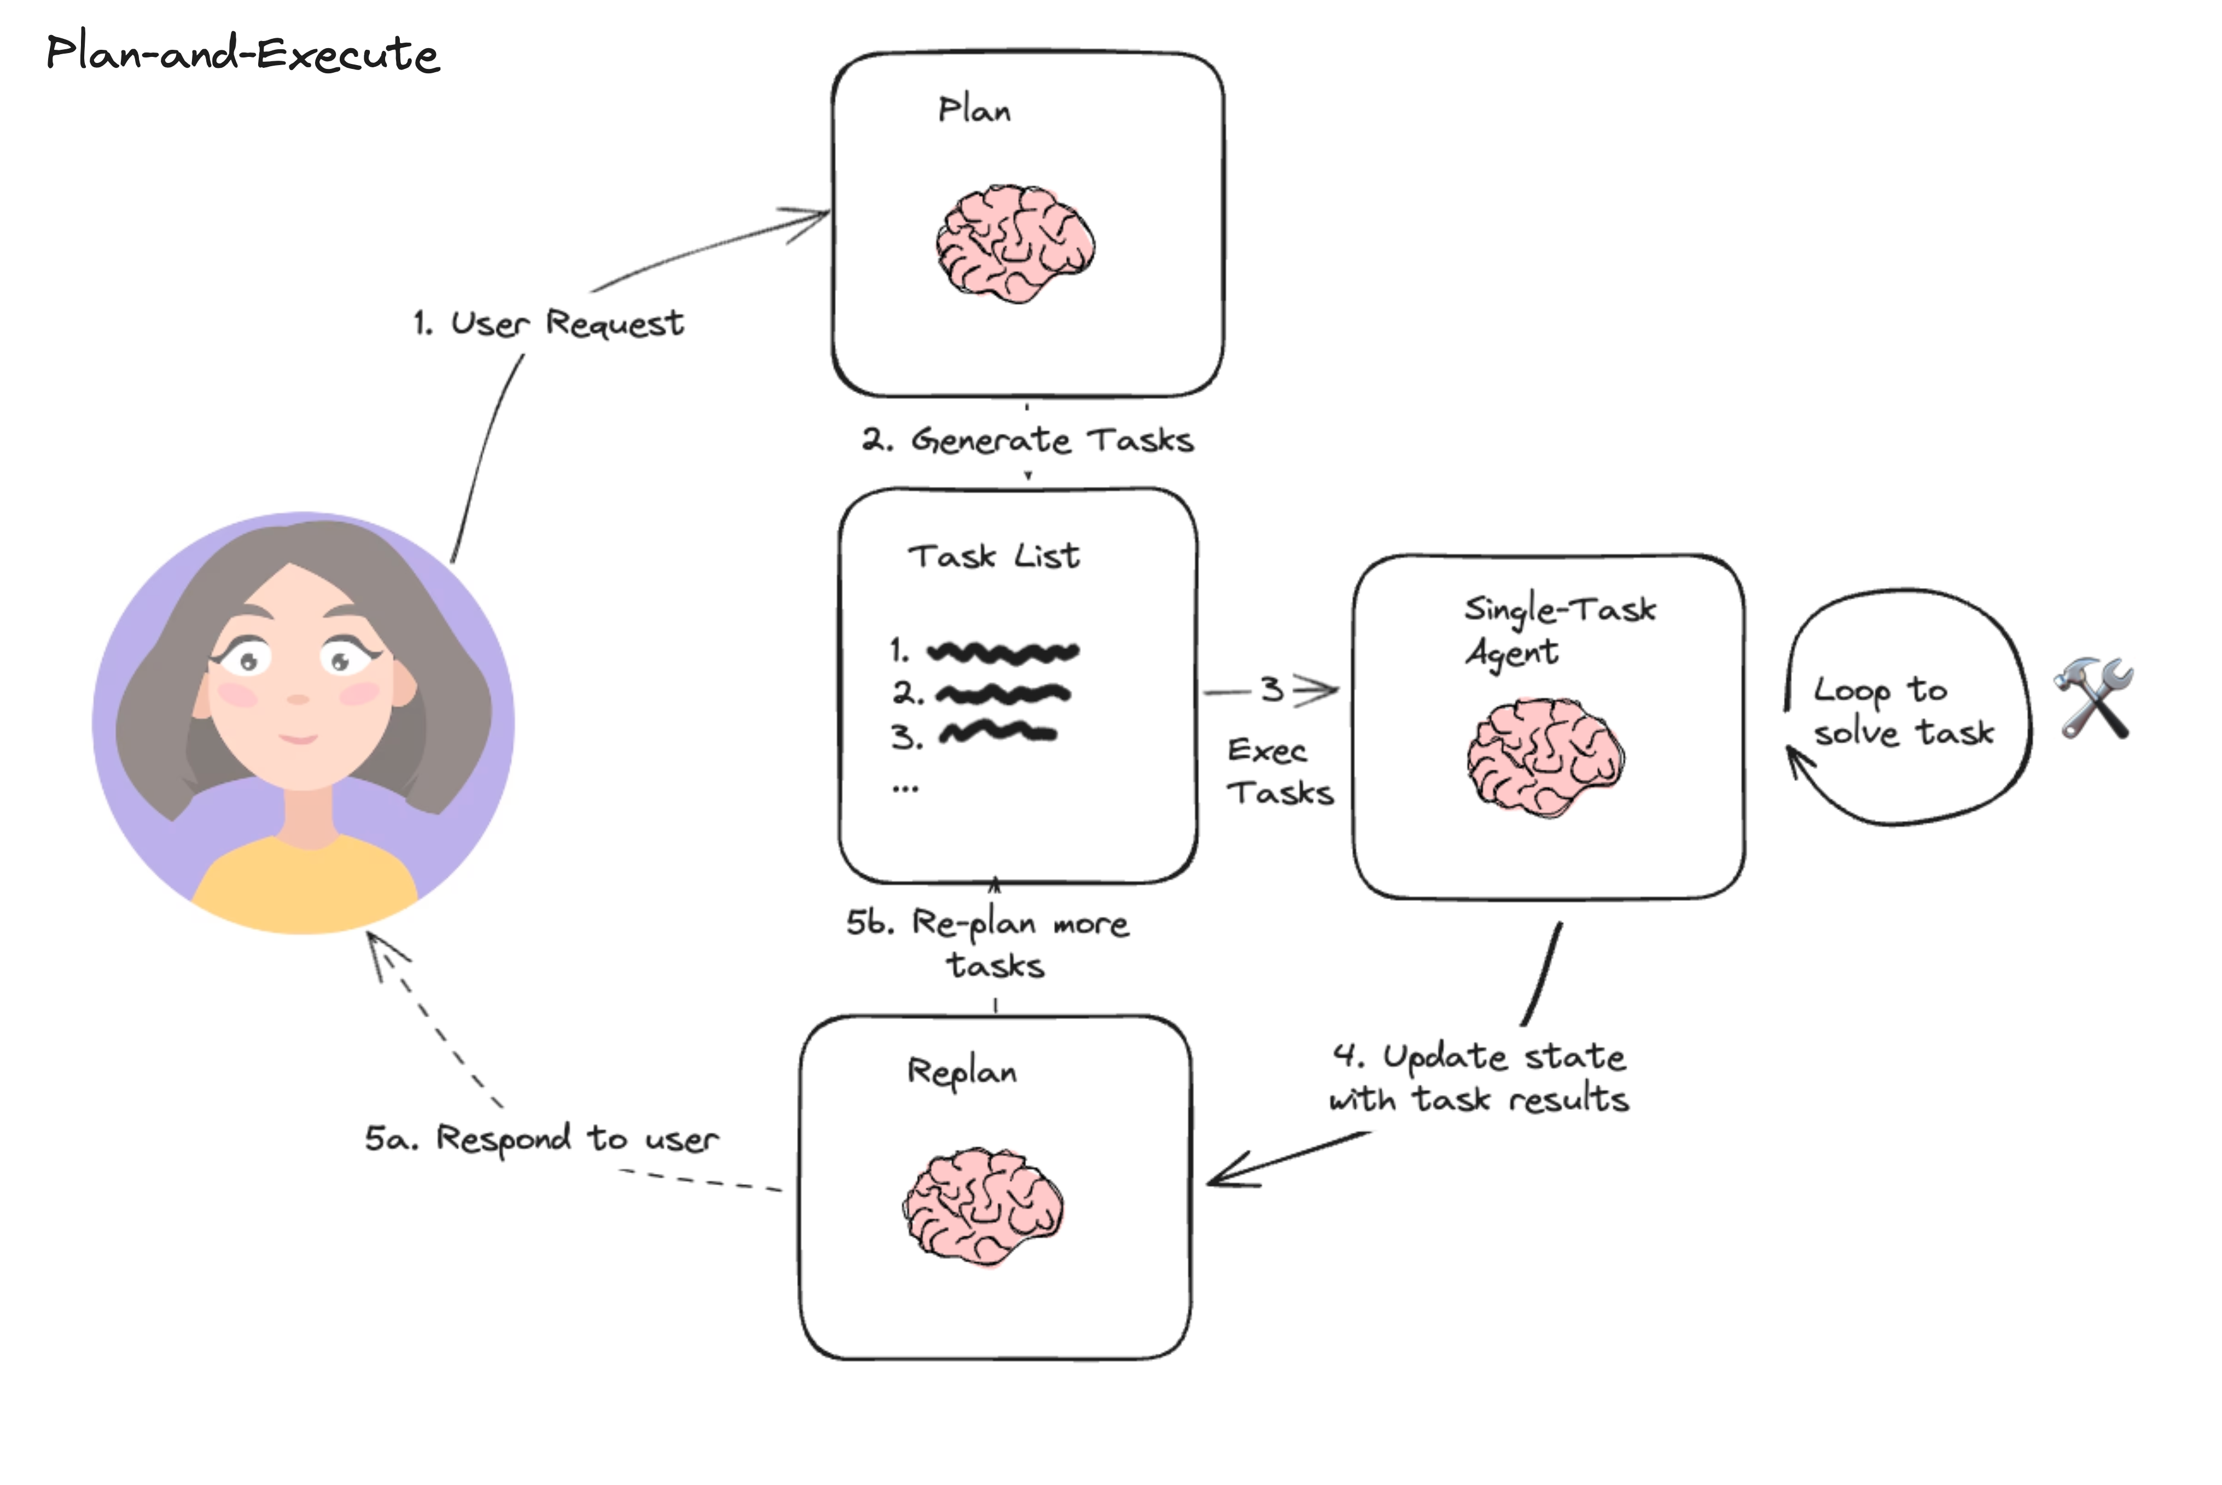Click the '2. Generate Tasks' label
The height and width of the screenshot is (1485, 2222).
click(1028, 440)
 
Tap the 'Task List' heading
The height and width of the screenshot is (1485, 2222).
click(993, 556)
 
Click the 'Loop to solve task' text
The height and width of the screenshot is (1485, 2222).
click(1902, 711)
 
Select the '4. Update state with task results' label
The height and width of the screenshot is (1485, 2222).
click(1480, 1078)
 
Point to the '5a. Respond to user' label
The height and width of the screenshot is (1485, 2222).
click(542, 1138)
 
